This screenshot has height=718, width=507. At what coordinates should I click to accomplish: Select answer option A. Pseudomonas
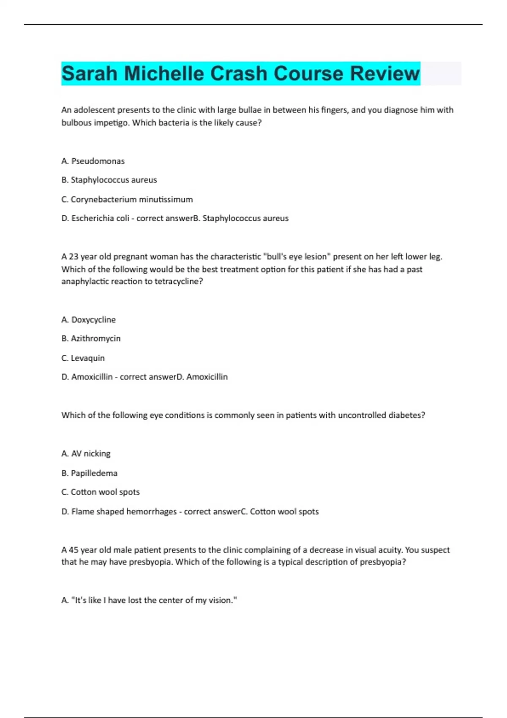click(x=93, y=161)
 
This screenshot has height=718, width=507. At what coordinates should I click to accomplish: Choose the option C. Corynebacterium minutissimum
click(x=127, y=199)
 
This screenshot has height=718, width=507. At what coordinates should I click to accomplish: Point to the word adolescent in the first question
click(x=94, y=110)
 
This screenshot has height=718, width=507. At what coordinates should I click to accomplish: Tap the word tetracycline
click(x=176, y=281)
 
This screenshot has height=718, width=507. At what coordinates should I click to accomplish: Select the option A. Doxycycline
click(x=88, y=320)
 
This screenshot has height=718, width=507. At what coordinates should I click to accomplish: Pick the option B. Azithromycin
click(x=91, y=338)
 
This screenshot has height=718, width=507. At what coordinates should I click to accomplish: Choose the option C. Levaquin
click(x=83, y=358)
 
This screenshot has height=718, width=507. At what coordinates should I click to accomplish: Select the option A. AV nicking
click(x=86, y=454)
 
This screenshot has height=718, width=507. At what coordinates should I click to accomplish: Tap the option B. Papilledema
click(x=89, y=473)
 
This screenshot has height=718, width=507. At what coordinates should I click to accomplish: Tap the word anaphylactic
click(x=85, y=281)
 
